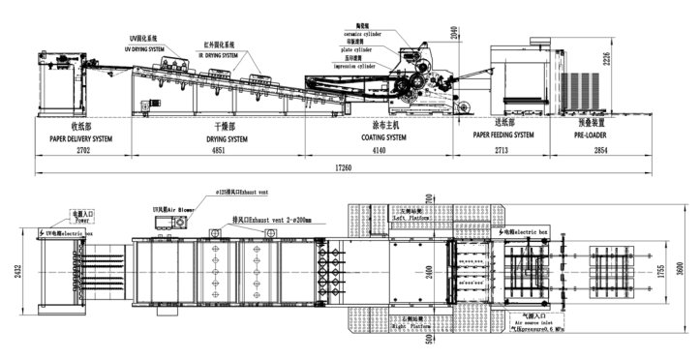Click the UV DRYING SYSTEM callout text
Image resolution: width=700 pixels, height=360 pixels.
(x=150, y=46)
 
